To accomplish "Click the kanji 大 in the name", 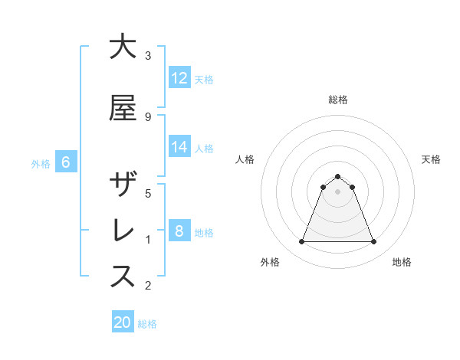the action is point(123,47).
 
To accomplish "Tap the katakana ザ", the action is point(123,185).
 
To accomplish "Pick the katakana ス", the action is point(123,277).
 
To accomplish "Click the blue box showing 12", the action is point(179,77).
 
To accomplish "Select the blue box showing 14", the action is point(179,147).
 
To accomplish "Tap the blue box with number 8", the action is point(179,231).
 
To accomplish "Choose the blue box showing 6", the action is point(66,162).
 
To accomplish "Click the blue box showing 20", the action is point(123,322).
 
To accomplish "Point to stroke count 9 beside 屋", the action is point(147,116).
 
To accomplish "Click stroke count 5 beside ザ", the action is point(147,193).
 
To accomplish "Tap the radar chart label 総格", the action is point(338,100).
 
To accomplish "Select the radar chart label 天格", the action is point(431,159).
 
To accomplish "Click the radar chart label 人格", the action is point(245,159).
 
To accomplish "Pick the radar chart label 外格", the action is point(270,262).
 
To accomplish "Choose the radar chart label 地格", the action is point(402,262).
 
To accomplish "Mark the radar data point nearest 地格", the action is point(374,242).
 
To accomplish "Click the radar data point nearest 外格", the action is point(301,242).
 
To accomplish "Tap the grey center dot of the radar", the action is point(337,192).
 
